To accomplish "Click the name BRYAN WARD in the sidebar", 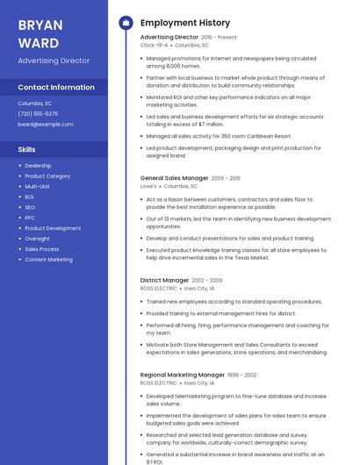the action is tap(40, 33).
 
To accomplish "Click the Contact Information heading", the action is tap(56, 88).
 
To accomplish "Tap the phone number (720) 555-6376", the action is tap(38, 114).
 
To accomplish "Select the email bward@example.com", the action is tap(46, 125).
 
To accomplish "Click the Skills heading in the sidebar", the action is tap(27, 150).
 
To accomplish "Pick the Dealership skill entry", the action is tap(38, 166).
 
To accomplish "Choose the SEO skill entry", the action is tap(30, 207).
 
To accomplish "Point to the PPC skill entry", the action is tap(30, 218).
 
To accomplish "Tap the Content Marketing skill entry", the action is tap(48, 260).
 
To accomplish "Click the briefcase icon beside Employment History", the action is tap(126, 23).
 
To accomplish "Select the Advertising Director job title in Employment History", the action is tap(169, 38).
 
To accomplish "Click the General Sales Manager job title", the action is tap(174, 178).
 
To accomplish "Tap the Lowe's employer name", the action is tap(148, 186).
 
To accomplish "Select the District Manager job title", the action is tap(164, 280).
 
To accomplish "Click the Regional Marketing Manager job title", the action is tap(182, 375).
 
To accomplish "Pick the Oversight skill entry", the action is tap(37, 239).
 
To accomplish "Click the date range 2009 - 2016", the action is tap(226, 178).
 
